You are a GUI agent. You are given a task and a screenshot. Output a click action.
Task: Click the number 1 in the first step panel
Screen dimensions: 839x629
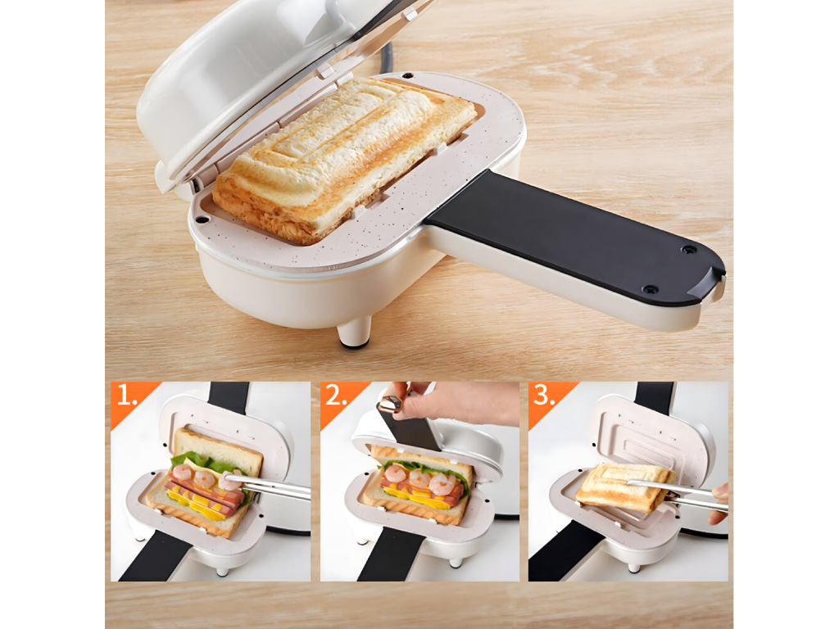tap(126, 396)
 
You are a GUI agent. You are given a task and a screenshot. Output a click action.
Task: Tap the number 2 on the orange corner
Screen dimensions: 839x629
tap(335, 396)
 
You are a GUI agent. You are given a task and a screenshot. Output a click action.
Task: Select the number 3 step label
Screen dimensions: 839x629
tap(544, 396)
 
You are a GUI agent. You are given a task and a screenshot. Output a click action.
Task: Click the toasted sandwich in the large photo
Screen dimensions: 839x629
tap(342, 158)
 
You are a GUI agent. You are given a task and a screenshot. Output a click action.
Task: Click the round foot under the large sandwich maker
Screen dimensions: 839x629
tap(354, 333)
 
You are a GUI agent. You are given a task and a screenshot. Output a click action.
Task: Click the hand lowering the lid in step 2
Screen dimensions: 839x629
tap(455, 401)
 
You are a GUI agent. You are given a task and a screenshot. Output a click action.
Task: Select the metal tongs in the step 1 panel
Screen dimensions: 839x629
tap(268, 486)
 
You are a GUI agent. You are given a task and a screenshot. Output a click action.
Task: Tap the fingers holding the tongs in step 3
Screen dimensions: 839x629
tap(718, 503)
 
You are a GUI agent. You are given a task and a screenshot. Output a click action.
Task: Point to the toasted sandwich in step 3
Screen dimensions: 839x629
tap(624, 486)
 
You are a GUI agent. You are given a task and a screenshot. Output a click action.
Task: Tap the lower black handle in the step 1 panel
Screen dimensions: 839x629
tap(155, 556)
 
